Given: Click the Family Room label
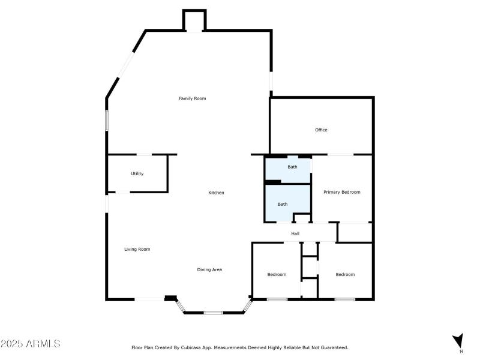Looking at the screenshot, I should coord(193,98).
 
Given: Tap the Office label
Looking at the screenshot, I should coord(321,130).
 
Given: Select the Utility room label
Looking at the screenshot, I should coord(137,174).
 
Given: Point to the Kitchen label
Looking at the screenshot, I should coord(216,193).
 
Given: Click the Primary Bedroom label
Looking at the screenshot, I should coord(342,192).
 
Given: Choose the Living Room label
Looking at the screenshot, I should coord(137,249).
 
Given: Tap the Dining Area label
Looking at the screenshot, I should coord(209,269).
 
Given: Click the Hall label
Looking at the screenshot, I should coord(295,233).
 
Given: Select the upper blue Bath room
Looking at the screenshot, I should coord(288,170).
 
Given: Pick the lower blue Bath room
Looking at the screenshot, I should coord(287,204).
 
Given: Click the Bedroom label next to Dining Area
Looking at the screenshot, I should coord(277,274).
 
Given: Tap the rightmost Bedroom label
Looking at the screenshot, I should coord(345,274).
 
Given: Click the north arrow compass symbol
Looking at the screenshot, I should coord(458,340).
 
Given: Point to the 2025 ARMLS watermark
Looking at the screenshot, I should coord(30,344).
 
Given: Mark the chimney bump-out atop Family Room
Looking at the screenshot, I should coord(194,20).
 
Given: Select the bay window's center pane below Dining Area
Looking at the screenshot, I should coord(213,313).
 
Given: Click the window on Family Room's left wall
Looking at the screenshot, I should coord(107,120).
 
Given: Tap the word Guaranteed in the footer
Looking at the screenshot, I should coord(335,347).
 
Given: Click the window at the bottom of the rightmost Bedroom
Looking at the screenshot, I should coord(344,299).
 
